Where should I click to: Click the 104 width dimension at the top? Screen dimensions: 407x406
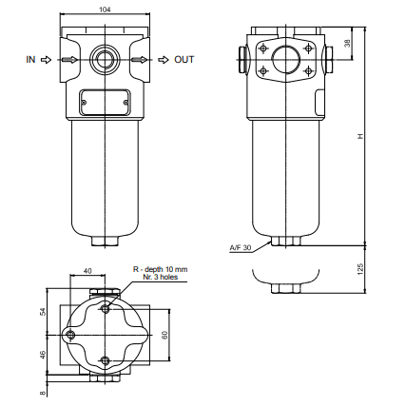point(104,7)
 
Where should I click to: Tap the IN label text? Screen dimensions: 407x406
point(31,60)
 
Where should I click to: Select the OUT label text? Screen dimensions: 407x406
point(184,60)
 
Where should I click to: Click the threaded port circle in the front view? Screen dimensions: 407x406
point(104,60)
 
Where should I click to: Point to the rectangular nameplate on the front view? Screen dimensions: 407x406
point(104,98)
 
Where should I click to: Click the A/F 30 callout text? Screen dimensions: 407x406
point(241,247)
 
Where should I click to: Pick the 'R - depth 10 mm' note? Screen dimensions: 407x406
point(160,270)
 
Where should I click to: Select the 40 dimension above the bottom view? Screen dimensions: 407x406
point(87,271)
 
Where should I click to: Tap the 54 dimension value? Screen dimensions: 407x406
point(44,311)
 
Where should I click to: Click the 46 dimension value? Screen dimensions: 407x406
point(44,354)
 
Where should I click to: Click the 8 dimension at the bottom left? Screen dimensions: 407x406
point(44,389)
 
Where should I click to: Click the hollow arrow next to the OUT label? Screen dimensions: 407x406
point(163,60)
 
